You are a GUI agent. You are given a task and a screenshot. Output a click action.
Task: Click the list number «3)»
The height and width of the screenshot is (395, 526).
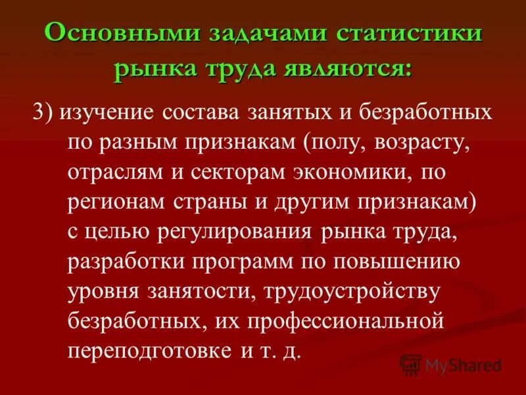(44, 112)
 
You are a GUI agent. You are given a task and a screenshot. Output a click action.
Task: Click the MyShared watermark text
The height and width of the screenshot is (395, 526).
(463, 365)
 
